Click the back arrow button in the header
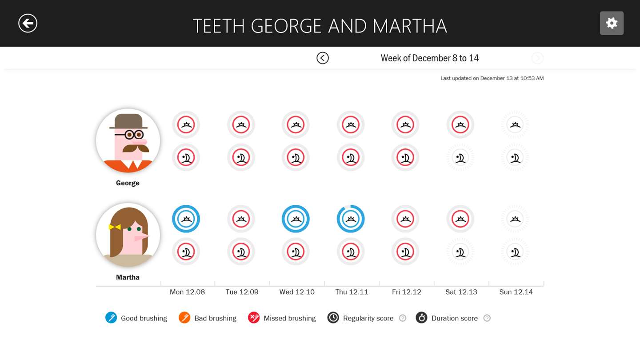[28, 23]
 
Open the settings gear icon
[612, 23]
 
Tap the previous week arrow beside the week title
[323, 58]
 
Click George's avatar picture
[128, 141]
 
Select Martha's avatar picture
[128, 235]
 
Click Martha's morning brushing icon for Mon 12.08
[186, 219]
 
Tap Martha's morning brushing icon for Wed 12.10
[296, 219]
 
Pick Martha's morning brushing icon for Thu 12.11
[351, 219]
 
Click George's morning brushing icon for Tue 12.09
[241, 124]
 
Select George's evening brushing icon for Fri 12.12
[405, 157]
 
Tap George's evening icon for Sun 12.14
[515, 157]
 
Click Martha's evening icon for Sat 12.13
[460, 252]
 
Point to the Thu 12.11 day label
[352, 292]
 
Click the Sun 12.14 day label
[516, 292]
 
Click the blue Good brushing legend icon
[111, 318]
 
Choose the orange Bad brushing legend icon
[184, 318]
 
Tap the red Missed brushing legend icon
[254, 318]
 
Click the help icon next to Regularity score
[403, 318]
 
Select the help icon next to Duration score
[487, 318]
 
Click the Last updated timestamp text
[492, 78]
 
